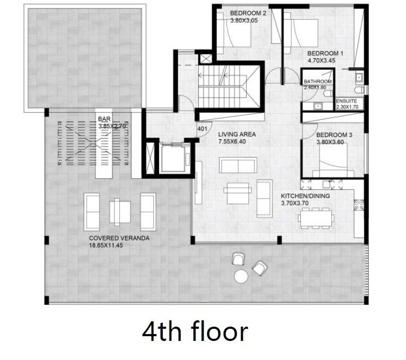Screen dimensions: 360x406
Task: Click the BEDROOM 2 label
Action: tap(248, 13)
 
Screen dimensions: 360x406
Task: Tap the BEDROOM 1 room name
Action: tap(325, 53)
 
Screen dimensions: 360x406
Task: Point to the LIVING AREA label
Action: tap(237, 134)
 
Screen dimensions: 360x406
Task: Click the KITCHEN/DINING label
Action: tap(305, 196)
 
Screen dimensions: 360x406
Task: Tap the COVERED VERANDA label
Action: tap(119, 238)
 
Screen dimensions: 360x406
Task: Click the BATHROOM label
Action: tap(317, 82)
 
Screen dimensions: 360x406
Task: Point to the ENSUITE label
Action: tap(346, 101)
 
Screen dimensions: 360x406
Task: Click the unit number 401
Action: tap(202, 128)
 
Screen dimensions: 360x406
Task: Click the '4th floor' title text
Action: tap(195, 332)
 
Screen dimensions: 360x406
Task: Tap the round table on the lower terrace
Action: tap(242, 276)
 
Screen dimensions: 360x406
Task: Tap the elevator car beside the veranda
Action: tap(174, 158)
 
